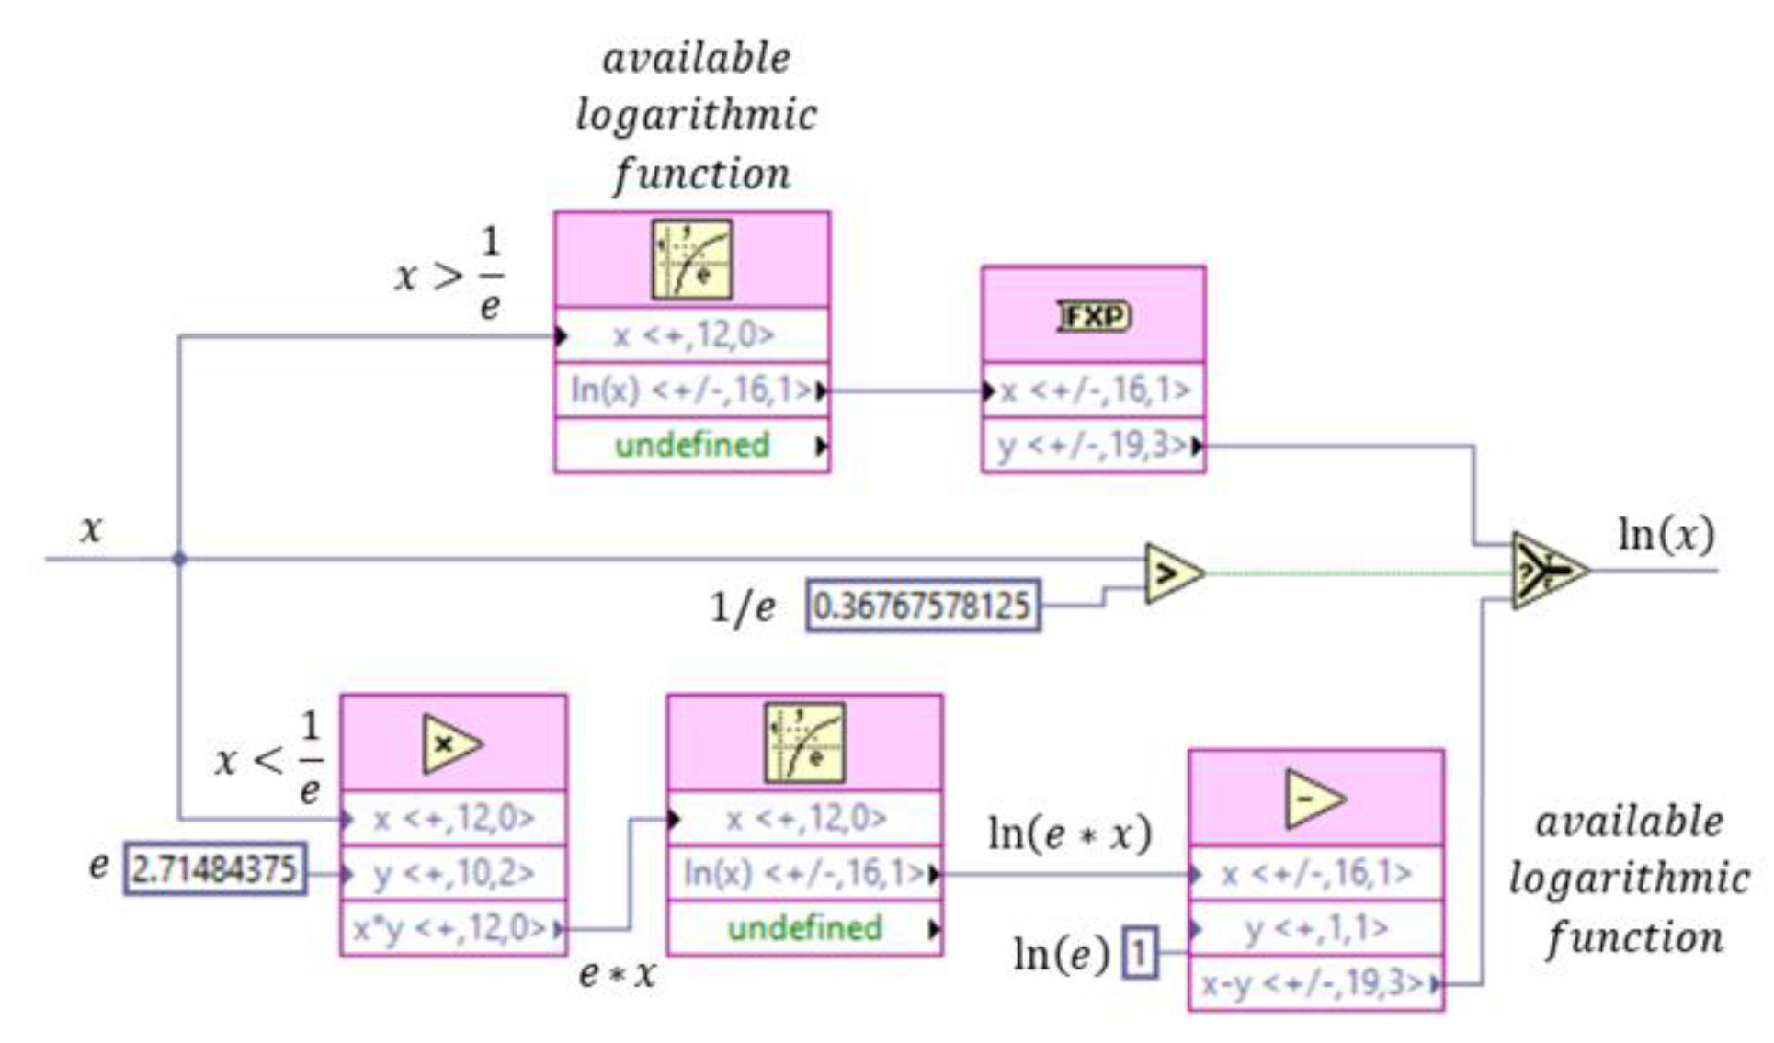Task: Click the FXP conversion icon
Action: point(1094,316)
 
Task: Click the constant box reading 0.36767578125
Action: point(923,606)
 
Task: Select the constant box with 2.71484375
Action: point(215,869)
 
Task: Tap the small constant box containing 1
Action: point(1140,953)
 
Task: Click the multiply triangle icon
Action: point(450,744)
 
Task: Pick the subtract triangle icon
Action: point(1313,799)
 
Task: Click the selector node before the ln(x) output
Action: point(1548,572)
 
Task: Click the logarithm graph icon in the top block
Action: point(692,260)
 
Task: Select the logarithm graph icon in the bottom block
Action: point(805,743)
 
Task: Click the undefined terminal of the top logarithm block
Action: point(692,446)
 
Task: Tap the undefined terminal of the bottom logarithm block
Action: point(805,928)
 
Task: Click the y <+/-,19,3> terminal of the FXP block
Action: point(1094,446)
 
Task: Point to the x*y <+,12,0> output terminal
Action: point(453,929)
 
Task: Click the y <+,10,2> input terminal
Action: point(453,873)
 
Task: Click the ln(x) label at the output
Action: point(1666,535)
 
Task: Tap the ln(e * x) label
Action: point(1069,834)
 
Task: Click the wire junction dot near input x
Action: point(179,559)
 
